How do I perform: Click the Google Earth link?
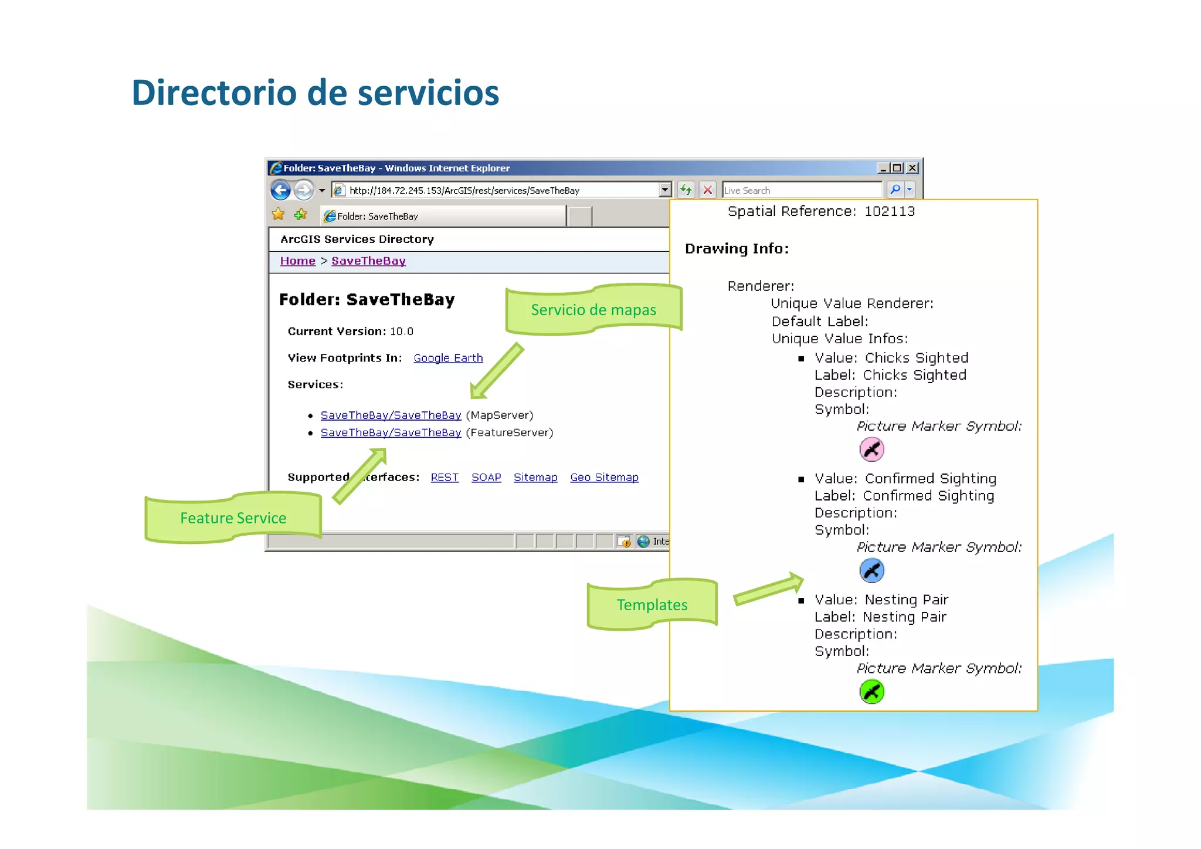(x=448, y=358)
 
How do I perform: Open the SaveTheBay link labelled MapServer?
(x=391, y=415)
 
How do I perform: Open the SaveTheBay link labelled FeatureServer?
(x=391, y=433)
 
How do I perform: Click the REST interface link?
(x=445, y=478)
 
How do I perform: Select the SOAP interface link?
(x=486, y=478)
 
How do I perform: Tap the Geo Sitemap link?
(x=604, y=478)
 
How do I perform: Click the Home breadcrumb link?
(x=297, y=261)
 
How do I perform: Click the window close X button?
(x=912, y=168)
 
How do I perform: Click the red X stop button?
(x=708, y=190)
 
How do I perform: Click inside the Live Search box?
(x=801, y=191)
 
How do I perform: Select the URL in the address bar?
(x=464, y=191)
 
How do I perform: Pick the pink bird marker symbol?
(x=871, y=450)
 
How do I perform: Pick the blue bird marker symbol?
(x=871, y=570)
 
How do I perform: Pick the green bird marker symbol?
(x=871, y=692)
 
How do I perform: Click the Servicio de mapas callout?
(x=593, y=310)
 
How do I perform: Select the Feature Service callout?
(x=233, y=518)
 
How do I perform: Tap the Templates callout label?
(x=652, y=605)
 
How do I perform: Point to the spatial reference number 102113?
(x=889, y=211)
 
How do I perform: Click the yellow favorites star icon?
(x=278, y=215)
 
